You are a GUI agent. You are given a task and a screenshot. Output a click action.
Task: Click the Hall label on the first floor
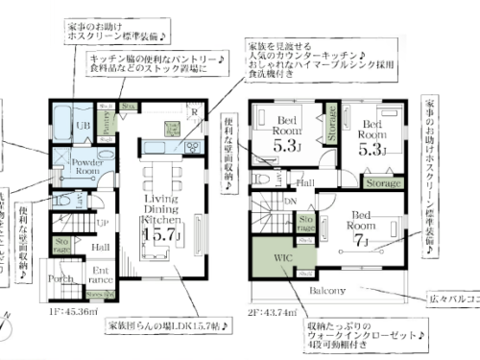[x=100, y=247]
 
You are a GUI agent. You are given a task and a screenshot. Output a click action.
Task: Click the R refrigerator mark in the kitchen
[x=195, y=112]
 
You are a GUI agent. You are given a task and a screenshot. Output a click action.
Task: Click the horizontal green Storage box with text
[x=382, y=182]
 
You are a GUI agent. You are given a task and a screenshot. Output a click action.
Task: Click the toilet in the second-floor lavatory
[x=263, y=177]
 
